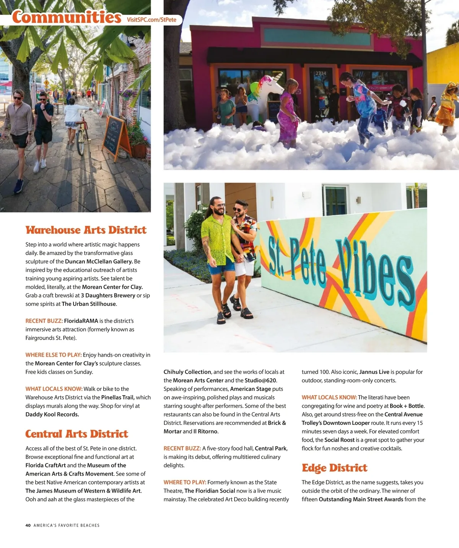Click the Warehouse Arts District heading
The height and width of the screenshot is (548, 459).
click(86, 230)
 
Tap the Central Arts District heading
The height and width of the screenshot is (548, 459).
click(77, 434)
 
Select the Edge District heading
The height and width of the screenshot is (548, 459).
click(334, 468)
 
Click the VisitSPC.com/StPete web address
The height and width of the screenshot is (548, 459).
click(151, 20)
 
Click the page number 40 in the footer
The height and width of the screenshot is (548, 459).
click(28, 525)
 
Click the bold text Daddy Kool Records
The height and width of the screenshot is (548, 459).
click(52, 414)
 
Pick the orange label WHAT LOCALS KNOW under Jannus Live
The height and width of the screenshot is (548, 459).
click(329, 397)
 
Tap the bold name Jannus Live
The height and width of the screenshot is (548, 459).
click(374, 372)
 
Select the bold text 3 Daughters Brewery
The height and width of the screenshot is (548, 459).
click(108, 295)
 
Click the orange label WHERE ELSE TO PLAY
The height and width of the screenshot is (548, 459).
click(54, 355)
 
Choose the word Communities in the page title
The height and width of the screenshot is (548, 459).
click(67, 17)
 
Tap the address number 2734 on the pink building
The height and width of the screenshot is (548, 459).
click(321, 73)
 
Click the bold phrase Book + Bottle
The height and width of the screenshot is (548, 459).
click(407, 406)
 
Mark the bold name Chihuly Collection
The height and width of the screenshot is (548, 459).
click(187, 372)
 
